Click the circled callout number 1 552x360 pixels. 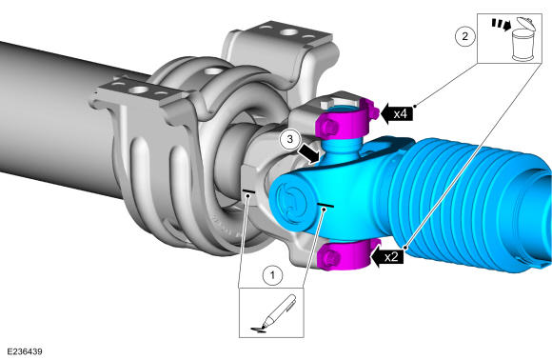coord(272,274)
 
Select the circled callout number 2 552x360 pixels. coord(464,36)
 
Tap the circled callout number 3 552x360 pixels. coord(289,139)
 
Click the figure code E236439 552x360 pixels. coord(25,351)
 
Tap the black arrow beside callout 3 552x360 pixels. coord(309,154)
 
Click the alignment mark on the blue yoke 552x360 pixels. coord(325,205)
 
